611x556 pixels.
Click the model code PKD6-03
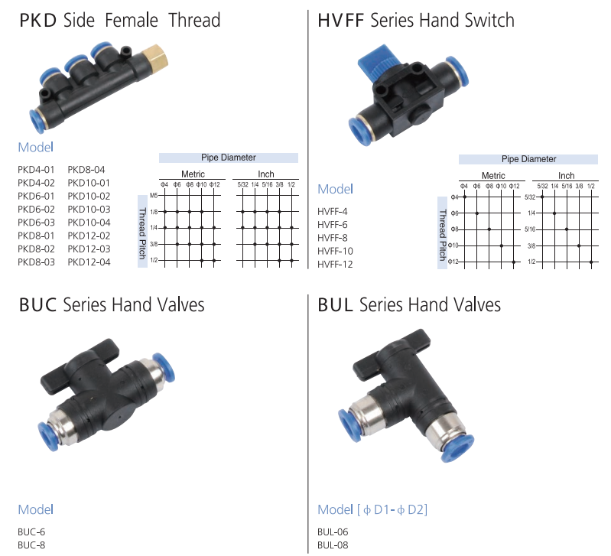tap(36, 223)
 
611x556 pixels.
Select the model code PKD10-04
tap(89, 223)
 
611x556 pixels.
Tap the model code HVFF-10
tap(335, 251)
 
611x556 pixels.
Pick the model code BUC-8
tap(31, 545)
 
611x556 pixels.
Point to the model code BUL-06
tap(333, 532)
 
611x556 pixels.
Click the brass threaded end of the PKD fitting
tap(154, 57)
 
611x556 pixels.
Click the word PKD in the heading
tap(37, 21)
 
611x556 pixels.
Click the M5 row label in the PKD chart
tap(154, 196)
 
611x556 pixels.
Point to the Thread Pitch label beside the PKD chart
tap(143, 232)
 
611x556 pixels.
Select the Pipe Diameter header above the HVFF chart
tap(528, 159)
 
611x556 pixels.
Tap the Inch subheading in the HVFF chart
tap(566, 176)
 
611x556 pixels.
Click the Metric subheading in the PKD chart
tap(193, 174)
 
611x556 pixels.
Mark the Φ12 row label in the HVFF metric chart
tap(453, 262)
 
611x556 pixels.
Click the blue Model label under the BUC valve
tap(35, 509)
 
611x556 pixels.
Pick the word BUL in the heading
tap(336, 305)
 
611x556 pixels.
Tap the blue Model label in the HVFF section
tap(335, 189)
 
